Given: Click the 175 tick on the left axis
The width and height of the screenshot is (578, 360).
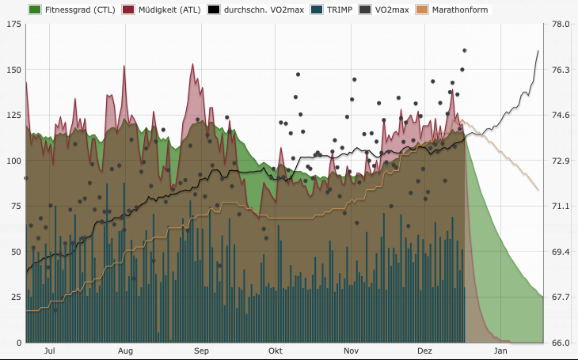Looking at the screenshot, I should pos(13,25).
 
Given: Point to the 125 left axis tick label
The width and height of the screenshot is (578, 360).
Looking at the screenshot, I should pos(13,116).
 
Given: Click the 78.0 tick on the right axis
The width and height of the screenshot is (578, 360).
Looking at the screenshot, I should pos(561,25).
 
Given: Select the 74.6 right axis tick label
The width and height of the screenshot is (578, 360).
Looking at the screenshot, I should pos(561,116).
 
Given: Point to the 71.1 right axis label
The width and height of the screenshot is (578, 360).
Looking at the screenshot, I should pos(561,207).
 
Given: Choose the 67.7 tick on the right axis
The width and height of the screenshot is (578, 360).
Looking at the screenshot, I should pos(561,297).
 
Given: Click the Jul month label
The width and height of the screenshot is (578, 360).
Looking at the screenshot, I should pos(49,350).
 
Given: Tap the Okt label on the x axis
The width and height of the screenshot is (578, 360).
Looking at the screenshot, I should pos(276,350).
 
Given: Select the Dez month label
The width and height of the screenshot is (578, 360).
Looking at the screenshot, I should pos(425,350).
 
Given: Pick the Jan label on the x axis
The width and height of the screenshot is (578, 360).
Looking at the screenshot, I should pos(500,350).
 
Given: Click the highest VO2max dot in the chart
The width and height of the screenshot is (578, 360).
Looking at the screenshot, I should pos(465,51).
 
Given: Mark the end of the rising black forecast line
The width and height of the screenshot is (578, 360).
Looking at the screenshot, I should pos(538,51).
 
